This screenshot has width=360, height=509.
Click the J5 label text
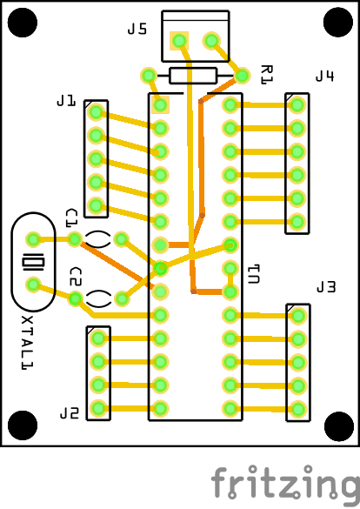pyautogui.click(x=137, y=29)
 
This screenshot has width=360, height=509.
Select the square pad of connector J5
pyautogui.click(x=179, y=41)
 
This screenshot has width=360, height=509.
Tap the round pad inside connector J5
pyautogui.click(x=211, y=41)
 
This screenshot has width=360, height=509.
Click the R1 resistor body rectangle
pyautogui.click(x=193, y=76)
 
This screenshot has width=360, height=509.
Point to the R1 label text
pyautogui.click(x=267, y=75)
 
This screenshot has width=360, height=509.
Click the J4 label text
pyautogui.click(x=324, y=76)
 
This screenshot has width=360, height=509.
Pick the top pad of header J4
pyautogui.click(x=297, y=105)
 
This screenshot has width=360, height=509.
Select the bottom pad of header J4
pyautogui.click(x=297, y=222)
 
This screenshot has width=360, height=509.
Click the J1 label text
pyautogui.click(x=66, y=101)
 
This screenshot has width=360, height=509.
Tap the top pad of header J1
pyautogui.click(x=96, y=112)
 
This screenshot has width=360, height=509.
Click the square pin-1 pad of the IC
pyautogui.click(x=160, y=105)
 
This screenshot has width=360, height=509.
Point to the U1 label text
pyautogui.click(x=254, y=274)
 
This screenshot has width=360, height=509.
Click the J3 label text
pyautogui.click(x=326, y=287)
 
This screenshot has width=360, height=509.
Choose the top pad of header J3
pyautogui.click(x=298, y=316)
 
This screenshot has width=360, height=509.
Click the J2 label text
pyautogui.click(x=70, y=413)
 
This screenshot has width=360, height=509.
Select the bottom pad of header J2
pyautogui.click(x=98, y=408)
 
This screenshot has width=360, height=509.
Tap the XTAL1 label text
pyautogui.click(x=27, y=343)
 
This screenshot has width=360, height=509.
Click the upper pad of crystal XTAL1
pyautogui.click(x=33, y=239)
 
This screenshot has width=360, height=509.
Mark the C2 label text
pyautogui.click(x=76, y=277)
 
